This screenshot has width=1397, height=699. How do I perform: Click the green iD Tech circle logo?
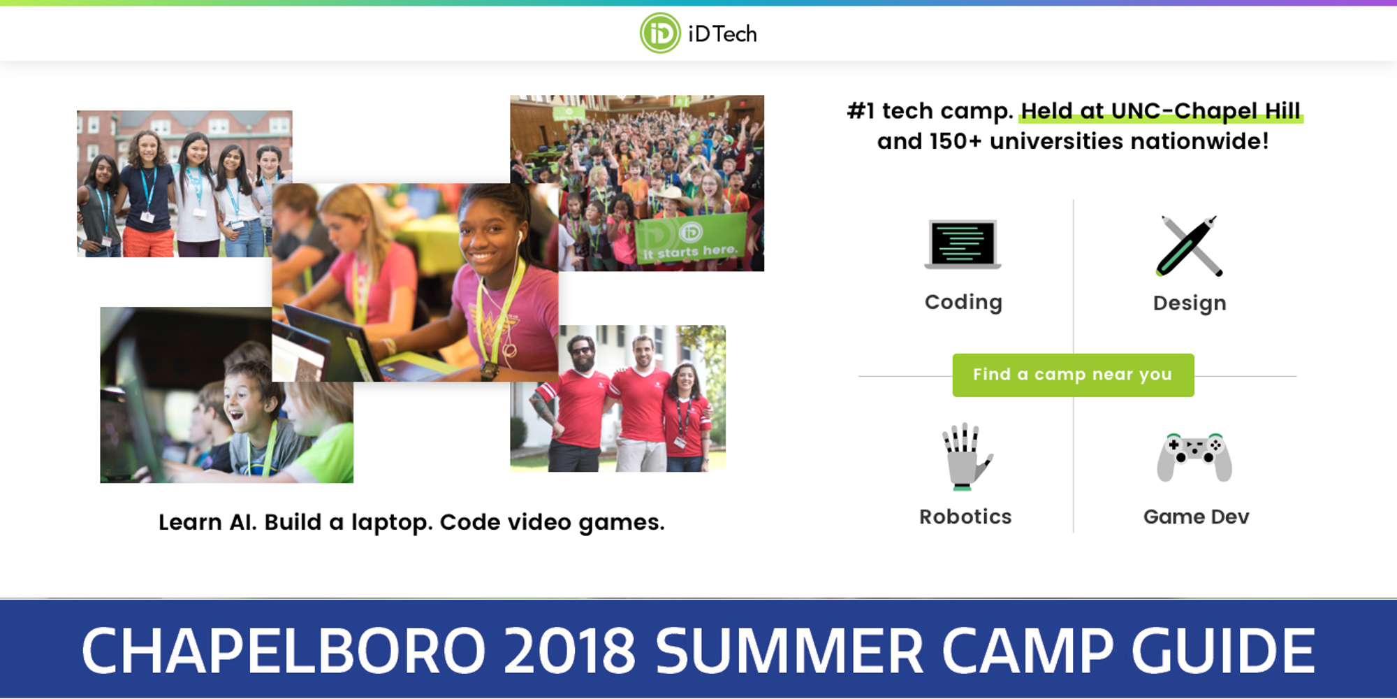pos(660,33)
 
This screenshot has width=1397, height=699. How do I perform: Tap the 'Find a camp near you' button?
pos(1073,375)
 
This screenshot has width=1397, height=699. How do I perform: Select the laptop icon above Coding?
pos(963,244)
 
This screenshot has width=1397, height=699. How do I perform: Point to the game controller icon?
pos(1194,457)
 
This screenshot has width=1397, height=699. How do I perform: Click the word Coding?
pos(963,303)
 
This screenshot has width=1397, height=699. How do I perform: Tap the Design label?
pos(1190,303)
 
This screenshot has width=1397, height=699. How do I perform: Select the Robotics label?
pos(965,517)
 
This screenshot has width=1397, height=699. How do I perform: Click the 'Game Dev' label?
pos(1196,517)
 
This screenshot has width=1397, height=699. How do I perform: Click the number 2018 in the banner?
pos(569,650)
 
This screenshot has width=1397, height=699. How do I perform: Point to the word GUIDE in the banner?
pos(1223,650)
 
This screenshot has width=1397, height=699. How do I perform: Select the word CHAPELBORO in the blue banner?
pos(284,650)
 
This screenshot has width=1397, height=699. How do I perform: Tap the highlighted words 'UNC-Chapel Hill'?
pos(1206,111)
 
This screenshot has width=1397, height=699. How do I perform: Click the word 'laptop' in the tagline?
pos(390,523)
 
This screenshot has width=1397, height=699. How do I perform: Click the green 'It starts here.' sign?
pos(690,239)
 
